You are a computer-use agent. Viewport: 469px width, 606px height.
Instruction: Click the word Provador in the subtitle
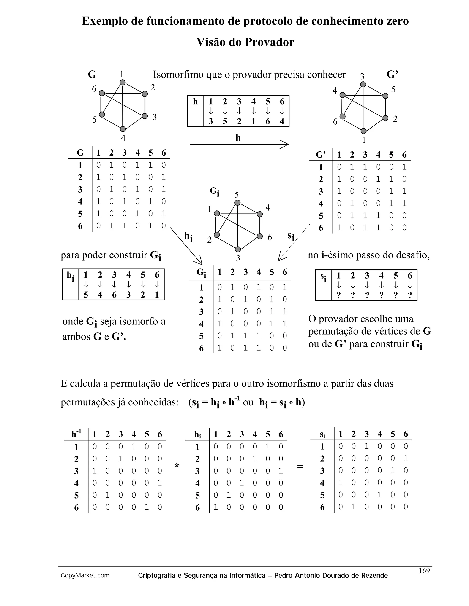click(x=269, y=42)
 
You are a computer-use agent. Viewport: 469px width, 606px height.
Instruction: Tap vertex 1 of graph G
click(x=123, y=82)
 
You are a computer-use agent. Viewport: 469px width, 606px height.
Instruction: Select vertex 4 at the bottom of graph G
click(x=123, y=129)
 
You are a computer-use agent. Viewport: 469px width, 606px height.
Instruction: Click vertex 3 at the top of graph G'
click(x=363, y=84)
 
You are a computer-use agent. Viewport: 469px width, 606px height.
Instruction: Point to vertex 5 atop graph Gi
click(x=237, y=203)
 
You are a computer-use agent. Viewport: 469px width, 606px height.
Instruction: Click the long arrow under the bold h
click(x=239, y=144)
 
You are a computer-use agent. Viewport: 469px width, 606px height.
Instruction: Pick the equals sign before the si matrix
click(x=300, y=467)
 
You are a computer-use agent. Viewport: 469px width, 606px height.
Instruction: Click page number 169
click(x=424, y=571)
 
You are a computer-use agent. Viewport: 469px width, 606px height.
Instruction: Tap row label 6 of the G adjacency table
click(x=80, y=226)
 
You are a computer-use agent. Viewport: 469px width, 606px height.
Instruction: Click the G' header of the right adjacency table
click(x=321, y=155)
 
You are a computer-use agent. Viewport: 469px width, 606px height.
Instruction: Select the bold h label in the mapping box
click(x=195, y=102)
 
